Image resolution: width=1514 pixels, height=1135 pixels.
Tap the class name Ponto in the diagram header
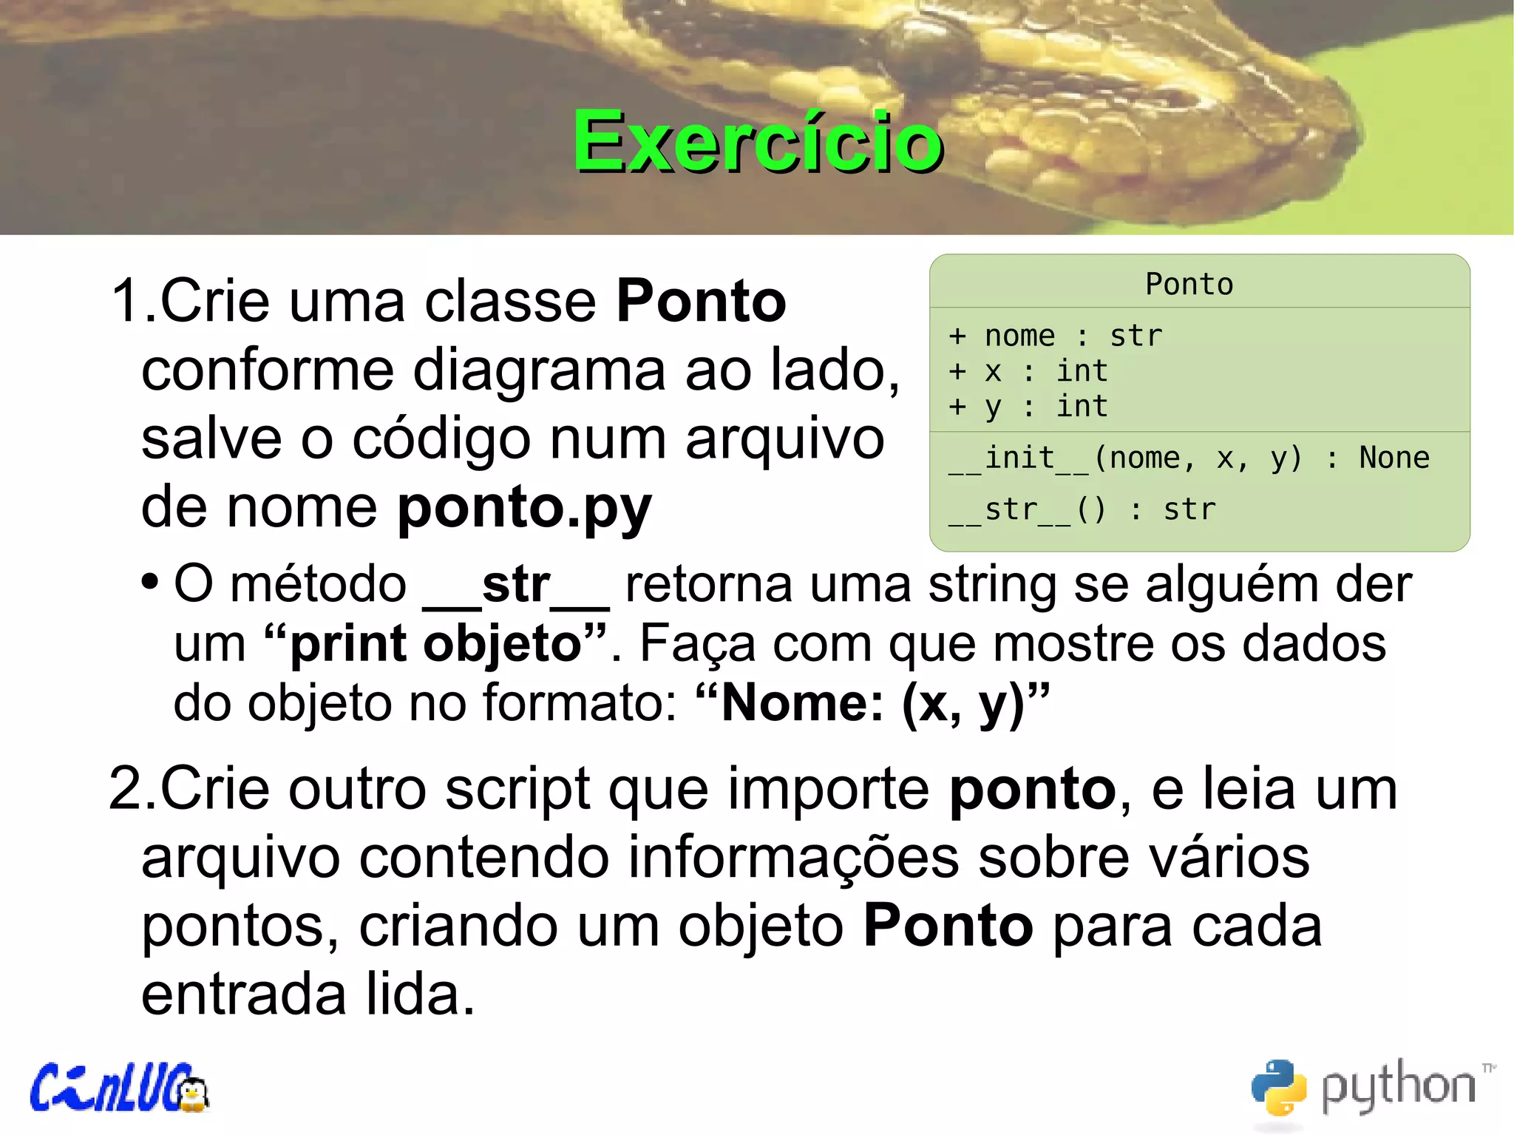click(x=1189, y=285)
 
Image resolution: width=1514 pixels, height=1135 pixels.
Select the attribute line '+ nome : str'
click(x=1055, y=336)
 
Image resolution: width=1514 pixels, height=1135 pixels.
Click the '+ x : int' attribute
click(x=1028, y=371)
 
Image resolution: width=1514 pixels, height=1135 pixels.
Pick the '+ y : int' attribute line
click(x=1028, y=407)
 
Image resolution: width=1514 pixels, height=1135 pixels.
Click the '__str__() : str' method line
click(x=1082, y=510)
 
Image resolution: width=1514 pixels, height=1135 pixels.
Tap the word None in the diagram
click(x=1394, y=458)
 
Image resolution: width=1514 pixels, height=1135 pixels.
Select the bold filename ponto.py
click(x=524, y=508)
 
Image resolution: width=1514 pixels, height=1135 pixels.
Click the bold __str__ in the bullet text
click(x=515, y=586)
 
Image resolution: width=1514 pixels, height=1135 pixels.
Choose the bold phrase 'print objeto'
click(x=437, y=643)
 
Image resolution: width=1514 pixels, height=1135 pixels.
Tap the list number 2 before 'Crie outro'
click(x=126, y=790)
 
